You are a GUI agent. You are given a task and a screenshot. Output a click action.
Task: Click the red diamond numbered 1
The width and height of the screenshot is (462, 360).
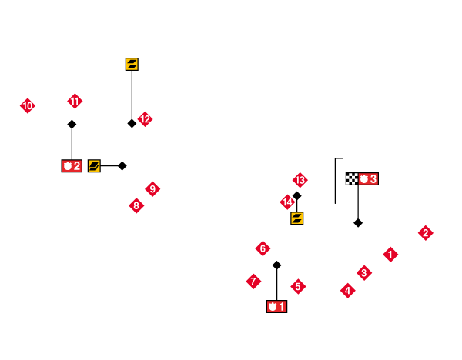point(390,254)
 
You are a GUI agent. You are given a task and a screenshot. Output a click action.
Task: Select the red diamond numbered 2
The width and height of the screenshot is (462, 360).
point(425,232)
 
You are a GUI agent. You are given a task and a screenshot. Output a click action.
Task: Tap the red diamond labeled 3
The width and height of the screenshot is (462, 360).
point(364,272)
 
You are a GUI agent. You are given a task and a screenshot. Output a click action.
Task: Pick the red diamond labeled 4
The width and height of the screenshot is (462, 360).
point(348,290)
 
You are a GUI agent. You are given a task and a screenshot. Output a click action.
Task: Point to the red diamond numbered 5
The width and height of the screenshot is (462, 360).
point(298,286)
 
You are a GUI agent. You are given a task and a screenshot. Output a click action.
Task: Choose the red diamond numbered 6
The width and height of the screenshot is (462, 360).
point(263,248)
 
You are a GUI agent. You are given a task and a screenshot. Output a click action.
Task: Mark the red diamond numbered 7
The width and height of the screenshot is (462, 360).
point(253,281)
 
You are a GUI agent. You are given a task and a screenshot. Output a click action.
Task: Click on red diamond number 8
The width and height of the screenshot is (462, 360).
point(136,205)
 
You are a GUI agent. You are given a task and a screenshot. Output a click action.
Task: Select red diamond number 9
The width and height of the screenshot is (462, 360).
point(152,188)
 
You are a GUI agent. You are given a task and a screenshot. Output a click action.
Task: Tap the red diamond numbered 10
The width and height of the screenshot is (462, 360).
point(28,105)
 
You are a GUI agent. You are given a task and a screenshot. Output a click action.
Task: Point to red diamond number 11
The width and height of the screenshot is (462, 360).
point(75,101)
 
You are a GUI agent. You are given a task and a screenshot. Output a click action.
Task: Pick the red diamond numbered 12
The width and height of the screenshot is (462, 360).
point(145,119)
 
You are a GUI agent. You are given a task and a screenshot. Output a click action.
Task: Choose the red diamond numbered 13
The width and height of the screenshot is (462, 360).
point(300,180)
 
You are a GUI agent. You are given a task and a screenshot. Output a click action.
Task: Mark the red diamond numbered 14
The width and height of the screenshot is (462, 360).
point(287,202)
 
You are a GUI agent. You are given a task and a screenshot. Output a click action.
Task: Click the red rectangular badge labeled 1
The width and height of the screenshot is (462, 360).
point(276,306)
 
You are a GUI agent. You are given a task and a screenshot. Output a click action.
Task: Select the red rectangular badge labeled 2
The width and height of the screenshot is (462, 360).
point(72,165)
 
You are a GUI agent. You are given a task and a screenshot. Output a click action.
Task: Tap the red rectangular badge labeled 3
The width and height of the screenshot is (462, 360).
point(368,178)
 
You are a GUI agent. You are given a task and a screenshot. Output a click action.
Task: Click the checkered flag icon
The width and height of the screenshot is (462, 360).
point(351,178)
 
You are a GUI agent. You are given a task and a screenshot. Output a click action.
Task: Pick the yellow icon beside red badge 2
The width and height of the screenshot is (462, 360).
point(94,165)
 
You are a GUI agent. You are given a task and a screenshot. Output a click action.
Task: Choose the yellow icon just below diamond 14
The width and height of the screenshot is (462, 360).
point(296,218)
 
